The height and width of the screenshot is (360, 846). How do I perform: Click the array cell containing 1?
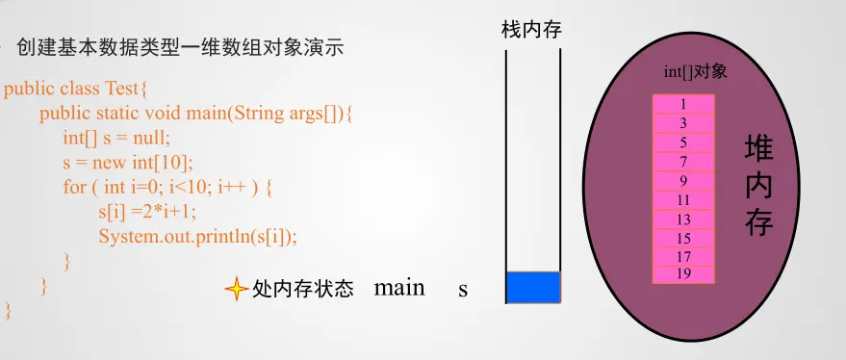pos(683,104)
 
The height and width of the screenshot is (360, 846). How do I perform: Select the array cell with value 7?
pos(683,162)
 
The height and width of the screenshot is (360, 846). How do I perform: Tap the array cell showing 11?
pos(683,199)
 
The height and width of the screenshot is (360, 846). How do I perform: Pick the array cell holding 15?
pos(683,238)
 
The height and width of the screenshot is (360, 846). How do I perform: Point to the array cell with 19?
pos(683,274)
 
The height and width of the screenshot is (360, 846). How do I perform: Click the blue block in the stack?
pos(533,287)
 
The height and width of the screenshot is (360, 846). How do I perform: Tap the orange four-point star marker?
pos(237,290)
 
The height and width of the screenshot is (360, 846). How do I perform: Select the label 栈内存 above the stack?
pos(531,30)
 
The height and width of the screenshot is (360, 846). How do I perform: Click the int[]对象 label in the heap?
pos(696,72)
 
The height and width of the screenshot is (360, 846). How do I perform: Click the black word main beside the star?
pos(399,288)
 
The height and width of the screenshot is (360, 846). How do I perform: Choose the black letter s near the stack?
pos(463,291)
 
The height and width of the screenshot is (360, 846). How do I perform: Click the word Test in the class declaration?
pos(122,88)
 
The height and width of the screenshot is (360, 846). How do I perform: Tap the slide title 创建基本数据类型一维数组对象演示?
pos(180,48)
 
